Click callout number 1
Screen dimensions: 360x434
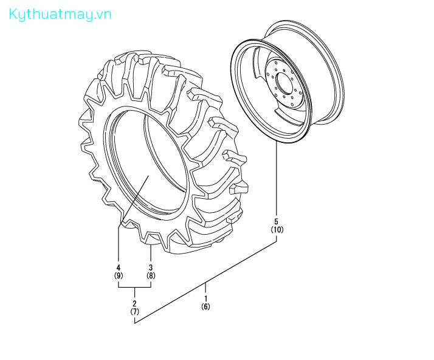click(x=205, y=298)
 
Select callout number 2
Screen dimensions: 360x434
click(x=134, y=303)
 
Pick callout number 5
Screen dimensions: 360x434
click(x=277, y=221)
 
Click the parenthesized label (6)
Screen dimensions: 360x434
click(x=205, y=306)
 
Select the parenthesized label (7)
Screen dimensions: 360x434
click(x=134, y=311)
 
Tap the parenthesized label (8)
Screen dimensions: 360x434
click(x=151, y=275)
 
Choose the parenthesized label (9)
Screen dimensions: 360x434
click(x=119, y=275)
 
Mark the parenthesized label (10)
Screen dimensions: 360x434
click(x=277, y=229)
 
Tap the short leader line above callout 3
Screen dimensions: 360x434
click(x=151, y=252)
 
